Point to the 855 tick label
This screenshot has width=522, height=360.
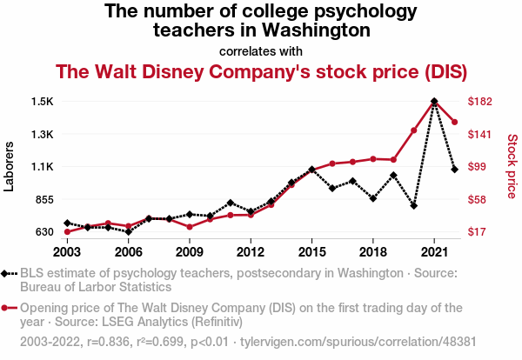coord(43,199)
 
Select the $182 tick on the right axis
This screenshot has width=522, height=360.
coord(481,102)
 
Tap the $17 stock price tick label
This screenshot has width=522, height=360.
coord(478,232)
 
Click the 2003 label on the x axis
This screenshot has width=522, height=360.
coord(67,251)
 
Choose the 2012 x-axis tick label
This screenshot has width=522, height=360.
coord(251,251)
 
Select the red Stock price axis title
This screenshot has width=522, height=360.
coord(512,165)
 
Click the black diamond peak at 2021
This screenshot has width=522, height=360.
coord(434,102)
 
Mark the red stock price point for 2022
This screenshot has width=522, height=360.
coord(455,122)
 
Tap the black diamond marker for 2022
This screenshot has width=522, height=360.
coord(455,169)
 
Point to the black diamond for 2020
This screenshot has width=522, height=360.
coord(414,206)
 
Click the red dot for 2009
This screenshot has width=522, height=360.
coord(190,227)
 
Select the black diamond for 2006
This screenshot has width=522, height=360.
coord(128,232)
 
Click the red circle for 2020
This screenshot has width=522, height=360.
coord(414,130)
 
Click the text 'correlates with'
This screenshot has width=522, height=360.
coord(261,50)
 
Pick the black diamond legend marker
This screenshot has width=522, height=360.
coord(8,273)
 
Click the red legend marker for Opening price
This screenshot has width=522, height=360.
coord(8,307)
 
